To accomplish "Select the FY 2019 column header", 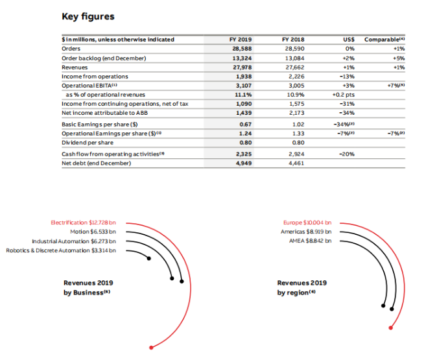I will (240, 40).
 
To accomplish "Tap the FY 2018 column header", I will (294, 40).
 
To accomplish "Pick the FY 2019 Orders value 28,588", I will (241, 49).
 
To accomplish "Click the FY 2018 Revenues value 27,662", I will (294, 67).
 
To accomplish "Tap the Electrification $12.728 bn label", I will (84, 222).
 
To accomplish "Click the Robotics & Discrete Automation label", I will (61, 250).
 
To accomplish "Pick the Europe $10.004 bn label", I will (307, 222).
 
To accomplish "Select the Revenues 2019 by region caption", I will (302, 287).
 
